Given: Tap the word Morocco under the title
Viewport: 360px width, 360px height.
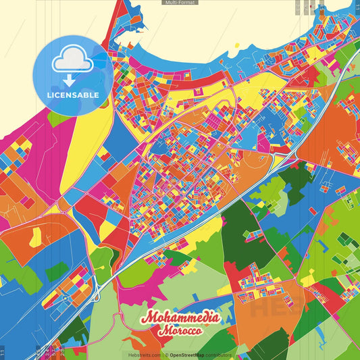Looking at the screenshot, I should pos(180,332).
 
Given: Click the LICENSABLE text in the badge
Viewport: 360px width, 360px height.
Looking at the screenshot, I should pos(73,95).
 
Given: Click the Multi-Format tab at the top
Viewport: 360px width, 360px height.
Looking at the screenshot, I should pos(180,3).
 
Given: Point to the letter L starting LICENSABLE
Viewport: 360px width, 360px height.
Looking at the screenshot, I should pos(49,95).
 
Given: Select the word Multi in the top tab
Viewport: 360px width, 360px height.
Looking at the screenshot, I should pos(170,3).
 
